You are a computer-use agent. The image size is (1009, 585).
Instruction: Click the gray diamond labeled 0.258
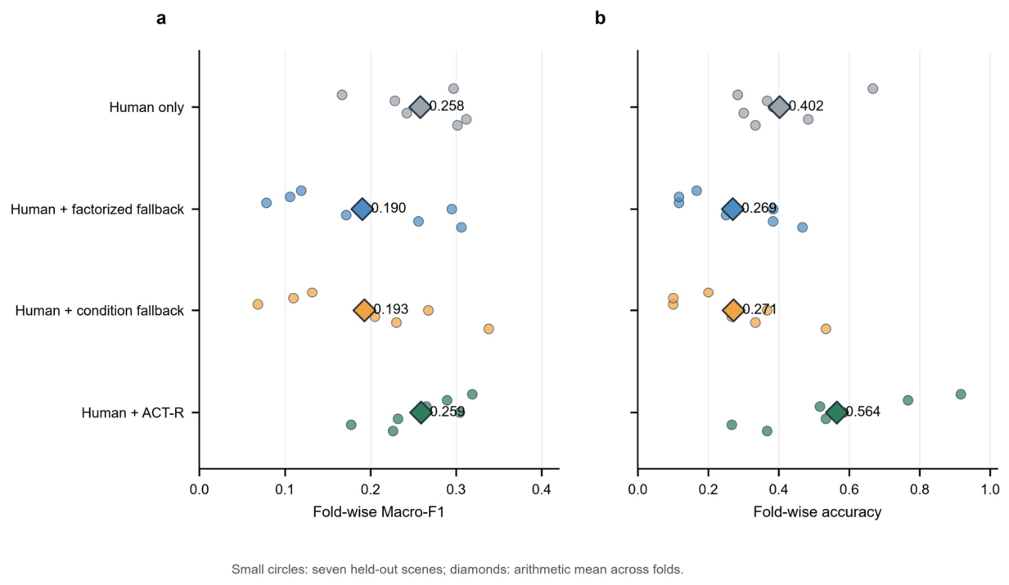point(420,107)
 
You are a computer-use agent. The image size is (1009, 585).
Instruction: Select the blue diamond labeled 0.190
point(362,209)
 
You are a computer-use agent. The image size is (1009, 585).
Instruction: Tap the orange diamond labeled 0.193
point(364,310)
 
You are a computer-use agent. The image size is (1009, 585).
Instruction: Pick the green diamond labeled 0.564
point(836,412)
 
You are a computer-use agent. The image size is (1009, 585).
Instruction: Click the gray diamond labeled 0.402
point(779,107)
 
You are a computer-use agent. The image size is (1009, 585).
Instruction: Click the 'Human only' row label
point(146,108)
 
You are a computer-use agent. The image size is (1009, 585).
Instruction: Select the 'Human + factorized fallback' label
point(97,209)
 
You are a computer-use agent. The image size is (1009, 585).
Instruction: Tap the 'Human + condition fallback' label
point(100,311)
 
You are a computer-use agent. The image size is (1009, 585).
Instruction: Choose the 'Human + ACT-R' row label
point(133,413)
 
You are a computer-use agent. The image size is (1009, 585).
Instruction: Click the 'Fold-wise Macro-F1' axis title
point(379,512)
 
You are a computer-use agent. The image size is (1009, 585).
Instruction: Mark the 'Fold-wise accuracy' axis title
point(818,512)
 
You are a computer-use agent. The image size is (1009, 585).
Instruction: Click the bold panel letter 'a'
point(161,19)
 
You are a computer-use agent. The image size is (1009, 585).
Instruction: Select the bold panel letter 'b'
point(600,18)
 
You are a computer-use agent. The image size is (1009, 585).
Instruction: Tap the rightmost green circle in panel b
point(961,394)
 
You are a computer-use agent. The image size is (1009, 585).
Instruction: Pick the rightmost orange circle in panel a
point(489,329)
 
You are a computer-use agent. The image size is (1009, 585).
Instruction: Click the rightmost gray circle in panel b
point(873,88)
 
